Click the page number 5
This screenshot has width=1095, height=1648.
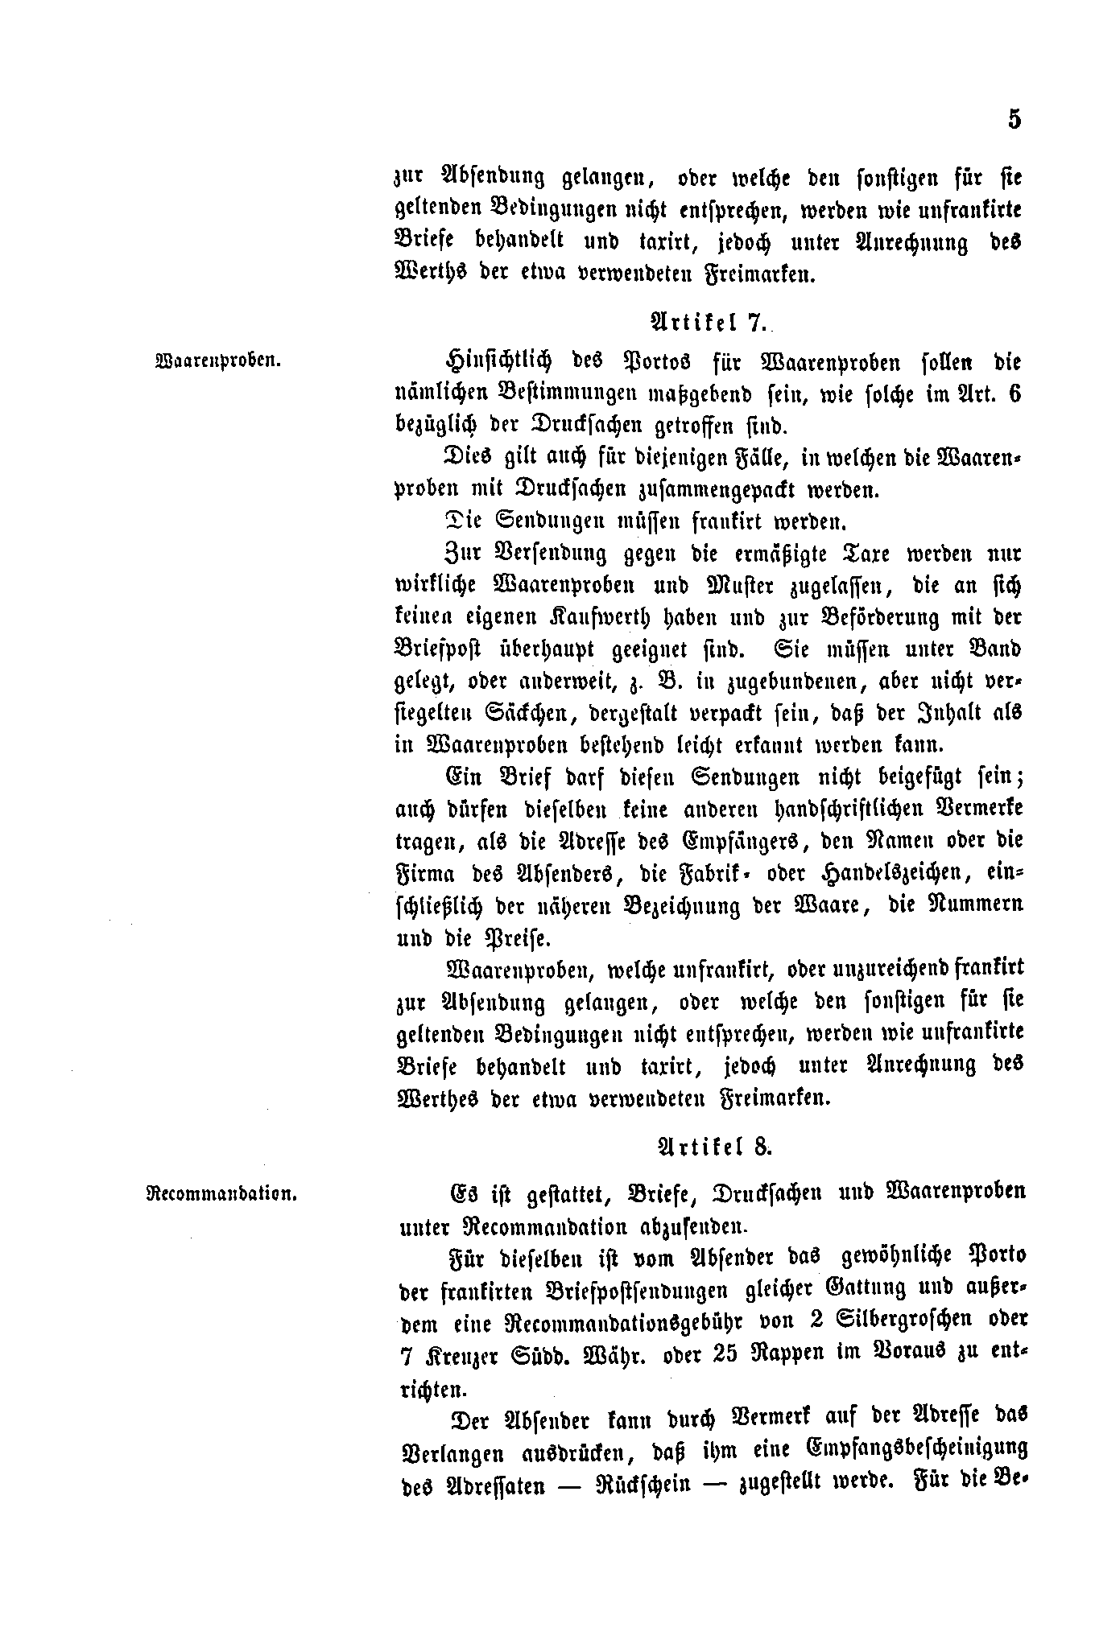1014,120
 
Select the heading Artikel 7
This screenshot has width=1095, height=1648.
708,323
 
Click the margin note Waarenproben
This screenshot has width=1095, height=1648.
217,360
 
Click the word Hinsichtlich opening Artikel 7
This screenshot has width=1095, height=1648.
499,362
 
